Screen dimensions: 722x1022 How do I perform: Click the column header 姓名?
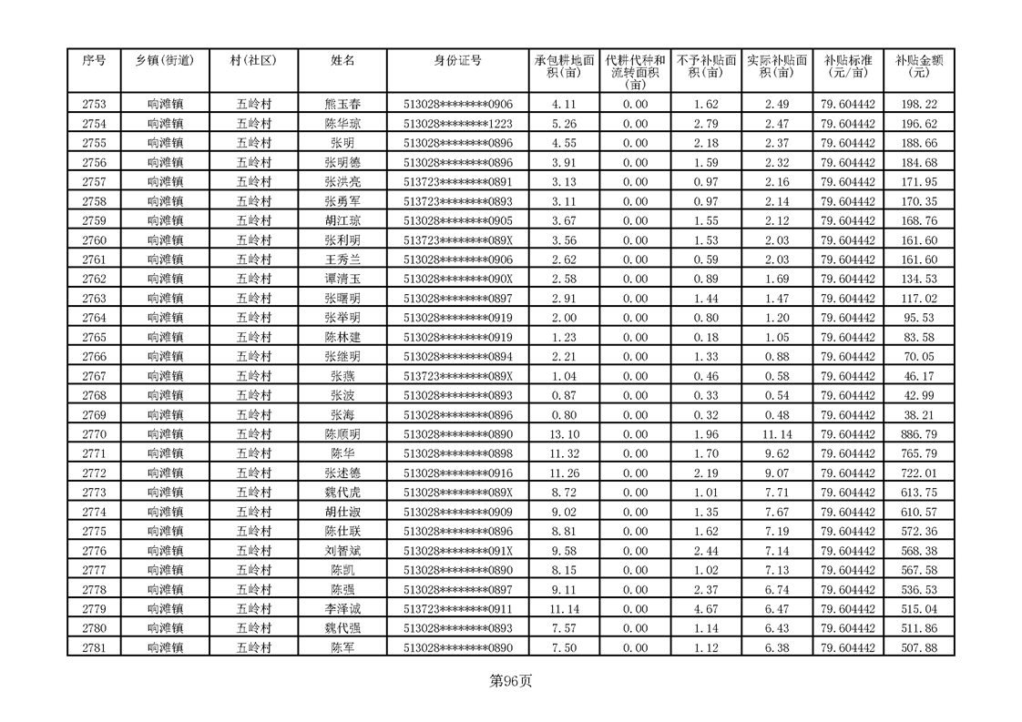(342, 60)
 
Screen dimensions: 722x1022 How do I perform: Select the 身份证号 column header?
(457, 60)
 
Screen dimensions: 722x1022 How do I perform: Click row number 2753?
(94, 105)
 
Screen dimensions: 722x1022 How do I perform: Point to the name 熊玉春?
(342, 105)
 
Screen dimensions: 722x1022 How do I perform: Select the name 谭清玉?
(342, 279)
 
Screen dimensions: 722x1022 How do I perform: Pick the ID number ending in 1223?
(457, 124)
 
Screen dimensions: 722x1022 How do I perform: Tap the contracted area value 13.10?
(565, 434)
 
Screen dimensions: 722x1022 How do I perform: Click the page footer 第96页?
(510, 681)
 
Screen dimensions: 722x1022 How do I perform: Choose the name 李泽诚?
(342, 609)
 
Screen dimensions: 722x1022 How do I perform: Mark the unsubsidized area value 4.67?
(706, 609)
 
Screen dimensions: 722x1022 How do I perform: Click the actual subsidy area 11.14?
(777, 434)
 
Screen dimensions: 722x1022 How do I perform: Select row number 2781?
(94, 648)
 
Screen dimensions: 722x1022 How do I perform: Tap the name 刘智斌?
(342, 551)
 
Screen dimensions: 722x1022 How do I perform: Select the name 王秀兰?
(342, 259)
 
